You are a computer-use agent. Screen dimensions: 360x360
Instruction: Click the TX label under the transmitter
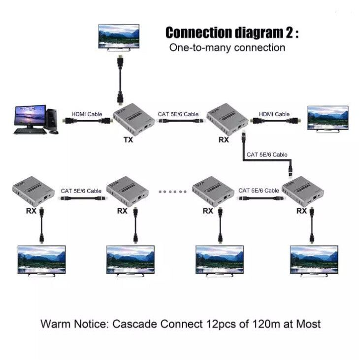pyautogui.click(x=128, y=139)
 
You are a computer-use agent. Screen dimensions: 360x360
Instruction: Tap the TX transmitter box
pyautogui.click(x=134, y=119)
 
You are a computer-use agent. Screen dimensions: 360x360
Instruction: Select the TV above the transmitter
pyautogui.click(x=119, y=37)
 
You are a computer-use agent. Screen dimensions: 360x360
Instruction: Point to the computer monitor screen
pyautogui.click(x=30, y=116)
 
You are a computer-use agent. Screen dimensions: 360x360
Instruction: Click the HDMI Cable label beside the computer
pyautogui.click(x=87, y=114)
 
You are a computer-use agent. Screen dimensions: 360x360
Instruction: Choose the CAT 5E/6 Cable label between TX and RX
pyautogui.click(x=178, y=114)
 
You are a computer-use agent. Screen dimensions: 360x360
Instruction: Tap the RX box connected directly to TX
pyautogui.click(x=228, y=119)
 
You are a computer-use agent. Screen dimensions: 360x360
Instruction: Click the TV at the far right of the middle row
pyautogui.click(x=327, y=119)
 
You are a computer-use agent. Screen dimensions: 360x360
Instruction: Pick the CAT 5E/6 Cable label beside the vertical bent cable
pyautogui.click(x=267, y=155)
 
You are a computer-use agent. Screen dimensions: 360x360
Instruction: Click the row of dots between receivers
pyautogui.click(x=173, y=192)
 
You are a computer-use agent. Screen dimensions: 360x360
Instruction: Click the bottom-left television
pyautogui.click(x=41, y=262)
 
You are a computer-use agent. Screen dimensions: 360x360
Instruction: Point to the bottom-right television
pyautogui.click(x=314, y=262)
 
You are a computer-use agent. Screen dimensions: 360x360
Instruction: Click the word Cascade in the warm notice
pyautogui.click(x=134, y=324)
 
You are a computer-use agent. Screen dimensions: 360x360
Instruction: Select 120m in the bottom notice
pyautogui.click(x=266, y=324)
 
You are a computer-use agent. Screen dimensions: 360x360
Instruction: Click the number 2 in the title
pyautogui.click(x=289, y=33)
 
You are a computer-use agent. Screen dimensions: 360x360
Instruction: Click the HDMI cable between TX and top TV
pyautogui.click(x=120, y=80)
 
